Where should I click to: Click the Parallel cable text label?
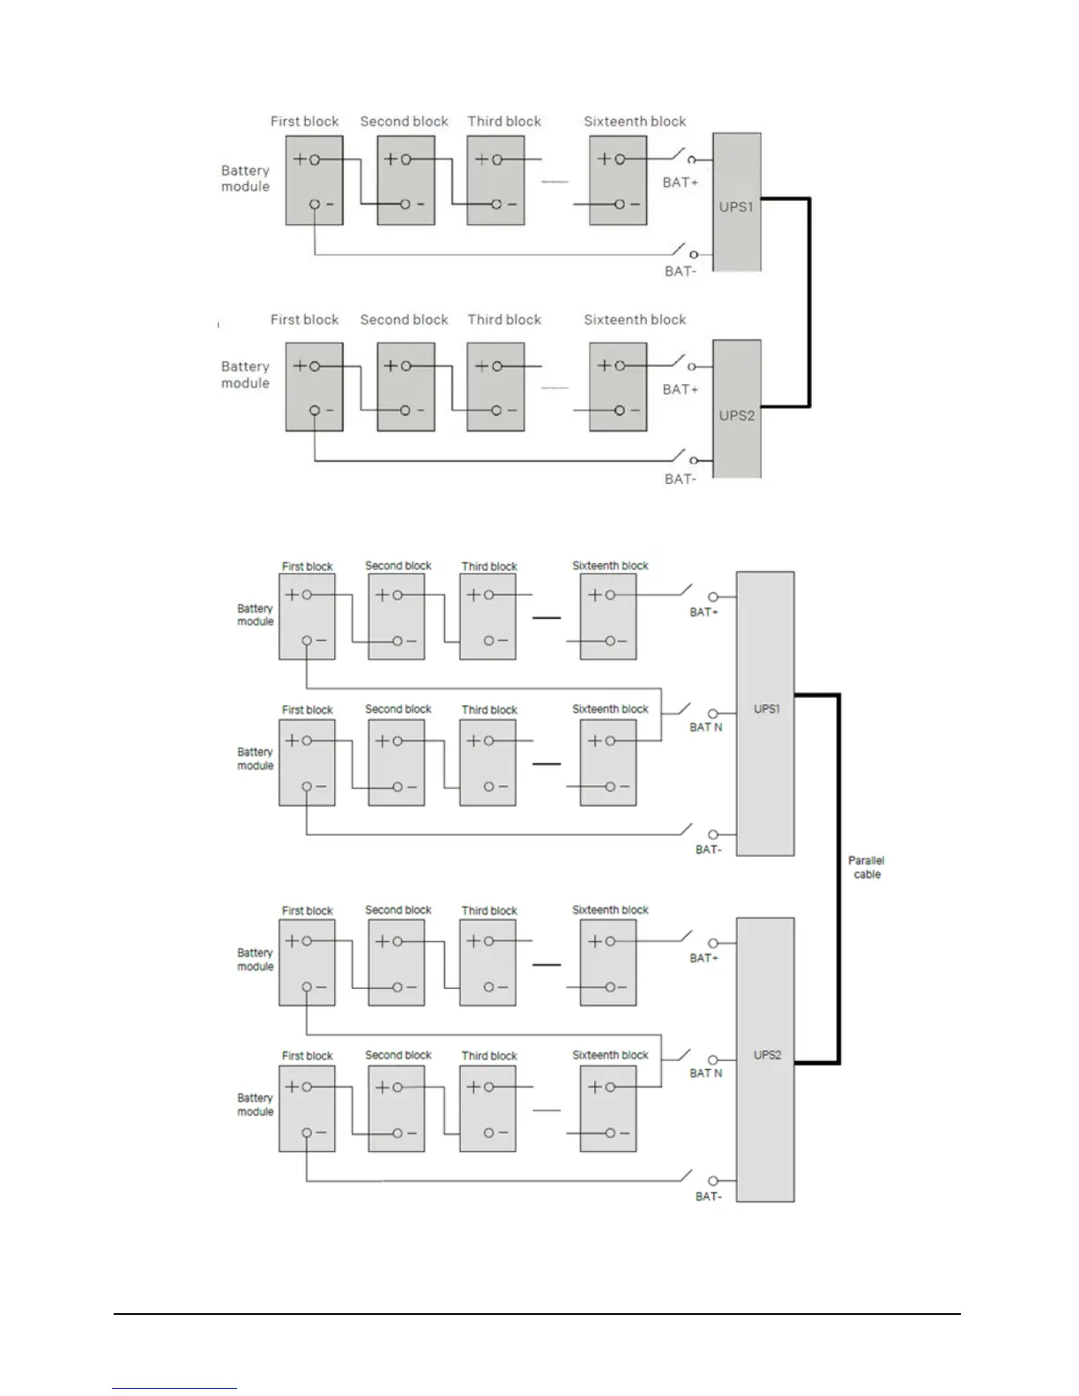[x=866, y=867]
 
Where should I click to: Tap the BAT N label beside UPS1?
[x=706, y=727]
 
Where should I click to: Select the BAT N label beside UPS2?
[x=706, y=1073]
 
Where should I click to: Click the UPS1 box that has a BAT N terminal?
[x=765, y=713]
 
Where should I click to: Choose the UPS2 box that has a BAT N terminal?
[x=765, y=1059]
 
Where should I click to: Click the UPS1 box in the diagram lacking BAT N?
[x=737, y=202]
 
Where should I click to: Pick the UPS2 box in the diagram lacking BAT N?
[x=737, y=410]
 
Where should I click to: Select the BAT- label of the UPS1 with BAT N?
[x=708, y=850]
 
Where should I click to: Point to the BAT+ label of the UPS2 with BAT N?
[x=703, y=958]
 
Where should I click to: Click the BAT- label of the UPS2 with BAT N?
[x=708, y=1197]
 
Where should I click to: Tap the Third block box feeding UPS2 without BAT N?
[x=495, y=388]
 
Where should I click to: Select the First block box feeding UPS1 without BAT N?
[x=314, y=182]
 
